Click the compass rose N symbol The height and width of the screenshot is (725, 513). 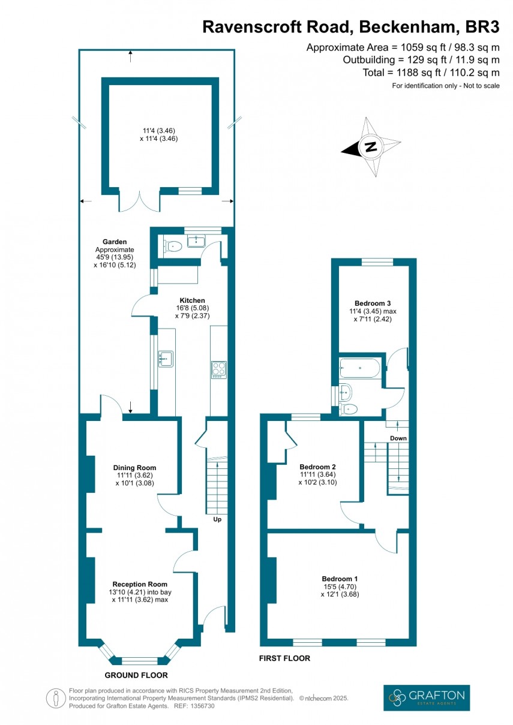point(371,147)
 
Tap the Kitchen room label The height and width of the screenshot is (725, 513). point(192,300)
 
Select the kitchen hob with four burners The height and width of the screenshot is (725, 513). point(218,369)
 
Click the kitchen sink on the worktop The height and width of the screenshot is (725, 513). point(165,359)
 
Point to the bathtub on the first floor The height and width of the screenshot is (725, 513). point(359,368)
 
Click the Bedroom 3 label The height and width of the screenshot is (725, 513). point(372,303)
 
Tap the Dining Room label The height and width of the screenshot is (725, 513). point(134,468)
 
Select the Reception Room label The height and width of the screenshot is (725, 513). point(140,583)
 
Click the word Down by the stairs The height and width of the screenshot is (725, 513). point(398,438)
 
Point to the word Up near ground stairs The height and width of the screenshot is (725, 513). point(217,519)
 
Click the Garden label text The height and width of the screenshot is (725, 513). point(114,242)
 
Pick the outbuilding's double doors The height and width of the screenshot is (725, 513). point(139,201)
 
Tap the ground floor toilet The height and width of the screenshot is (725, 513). point(173,245)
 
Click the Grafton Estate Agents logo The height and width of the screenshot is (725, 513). point(426,697)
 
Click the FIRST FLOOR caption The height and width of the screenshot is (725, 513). point(284,658)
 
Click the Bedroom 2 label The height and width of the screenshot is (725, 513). point(317,467)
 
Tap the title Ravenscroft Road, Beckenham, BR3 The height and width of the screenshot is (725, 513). point(351,27)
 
